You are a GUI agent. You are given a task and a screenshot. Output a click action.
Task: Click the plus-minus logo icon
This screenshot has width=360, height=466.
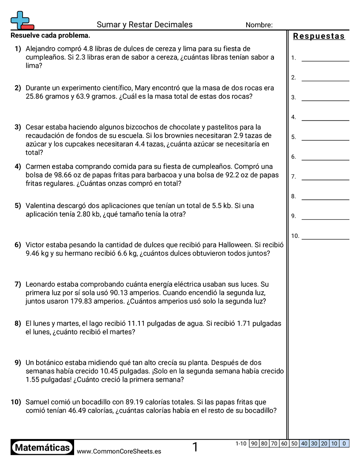(x=22, y=20)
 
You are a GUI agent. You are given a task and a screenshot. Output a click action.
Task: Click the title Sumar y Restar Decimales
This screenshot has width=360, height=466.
(x=144, y=25)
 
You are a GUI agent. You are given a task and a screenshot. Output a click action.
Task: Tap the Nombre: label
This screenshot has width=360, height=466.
(x=259, y=25)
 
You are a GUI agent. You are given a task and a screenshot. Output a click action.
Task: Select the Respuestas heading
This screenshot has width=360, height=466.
(x=319, y=36)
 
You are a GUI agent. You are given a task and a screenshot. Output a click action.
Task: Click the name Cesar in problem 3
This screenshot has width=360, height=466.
(x=35, y=127)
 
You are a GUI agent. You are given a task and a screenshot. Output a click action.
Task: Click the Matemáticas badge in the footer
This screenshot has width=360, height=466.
(x=42, y=447)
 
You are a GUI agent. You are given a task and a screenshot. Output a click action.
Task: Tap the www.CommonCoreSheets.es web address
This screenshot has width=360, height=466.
(x=119, y=451)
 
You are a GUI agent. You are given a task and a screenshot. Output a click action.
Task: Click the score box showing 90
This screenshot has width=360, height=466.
(x=254, y=443)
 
